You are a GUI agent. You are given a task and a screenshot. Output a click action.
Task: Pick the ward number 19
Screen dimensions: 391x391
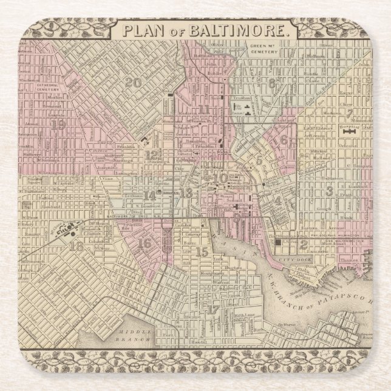59,124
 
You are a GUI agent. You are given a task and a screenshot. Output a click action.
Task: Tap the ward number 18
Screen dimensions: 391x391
76,246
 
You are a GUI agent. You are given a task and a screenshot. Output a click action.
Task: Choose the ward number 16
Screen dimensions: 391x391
144,243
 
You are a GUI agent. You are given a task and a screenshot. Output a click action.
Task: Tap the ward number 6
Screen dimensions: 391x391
283,139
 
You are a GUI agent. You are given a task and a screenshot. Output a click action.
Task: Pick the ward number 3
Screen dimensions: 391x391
330,191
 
